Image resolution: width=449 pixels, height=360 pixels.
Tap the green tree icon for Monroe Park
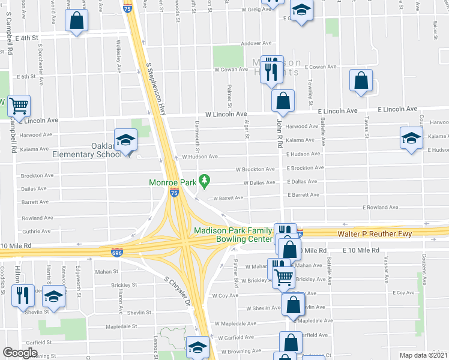(x=205, y=179)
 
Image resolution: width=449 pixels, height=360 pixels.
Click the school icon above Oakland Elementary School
(x=125, y=141)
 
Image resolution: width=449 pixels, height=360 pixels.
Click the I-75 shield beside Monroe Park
(x=174, y=193)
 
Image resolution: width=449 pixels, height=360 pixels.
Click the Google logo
(x=20, y=352)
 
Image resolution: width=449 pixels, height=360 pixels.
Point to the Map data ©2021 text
(x=424, y=355)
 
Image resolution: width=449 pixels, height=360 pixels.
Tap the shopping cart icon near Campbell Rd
(x=19, y=106)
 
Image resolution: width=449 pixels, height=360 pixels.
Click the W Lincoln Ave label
(x=226, y=113)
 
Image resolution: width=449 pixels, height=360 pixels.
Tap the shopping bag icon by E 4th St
(x=77, y=22)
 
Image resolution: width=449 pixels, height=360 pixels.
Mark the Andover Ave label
(x=256, y=43)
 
